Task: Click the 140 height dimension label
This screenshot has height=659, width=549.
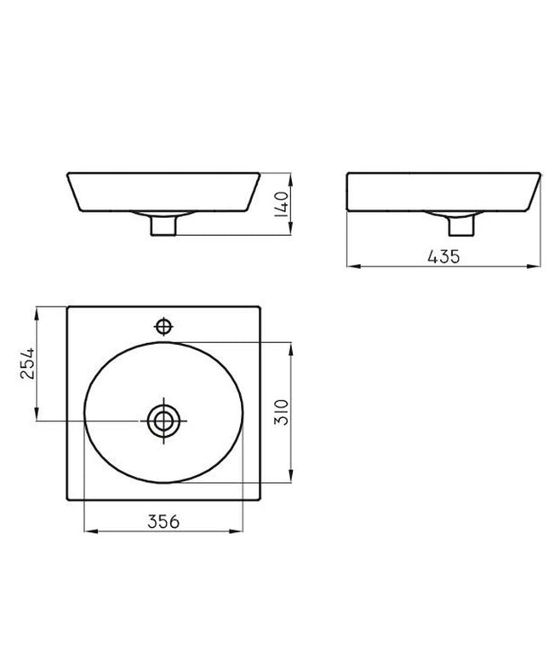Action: click(x=282, y=204)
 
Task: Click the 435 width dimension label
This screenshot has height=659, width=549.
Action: click(x=443, y=256)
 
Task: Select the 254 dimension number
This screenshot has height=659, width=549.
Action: click(x=28, y=363)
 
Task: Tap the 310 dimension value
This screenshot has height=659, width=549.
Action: click(x=282, y=412)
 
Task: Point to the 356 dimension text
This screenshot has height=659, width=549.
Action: click(x=163, y=522)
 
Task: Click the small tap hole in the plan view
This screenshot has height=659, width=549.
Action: click(x=163, y=326)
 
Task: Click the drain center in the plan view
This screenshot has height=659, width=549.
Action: click(x=163, y=421)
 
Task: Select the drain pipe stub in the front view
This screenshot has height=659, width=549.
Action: click(x=163, y=225)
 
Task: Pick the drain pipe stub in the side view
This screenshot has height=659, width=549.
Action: click(x=461, y=225)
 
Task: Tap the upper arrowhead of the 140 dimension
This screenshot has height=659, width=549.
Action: click(x=290, y=178)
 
